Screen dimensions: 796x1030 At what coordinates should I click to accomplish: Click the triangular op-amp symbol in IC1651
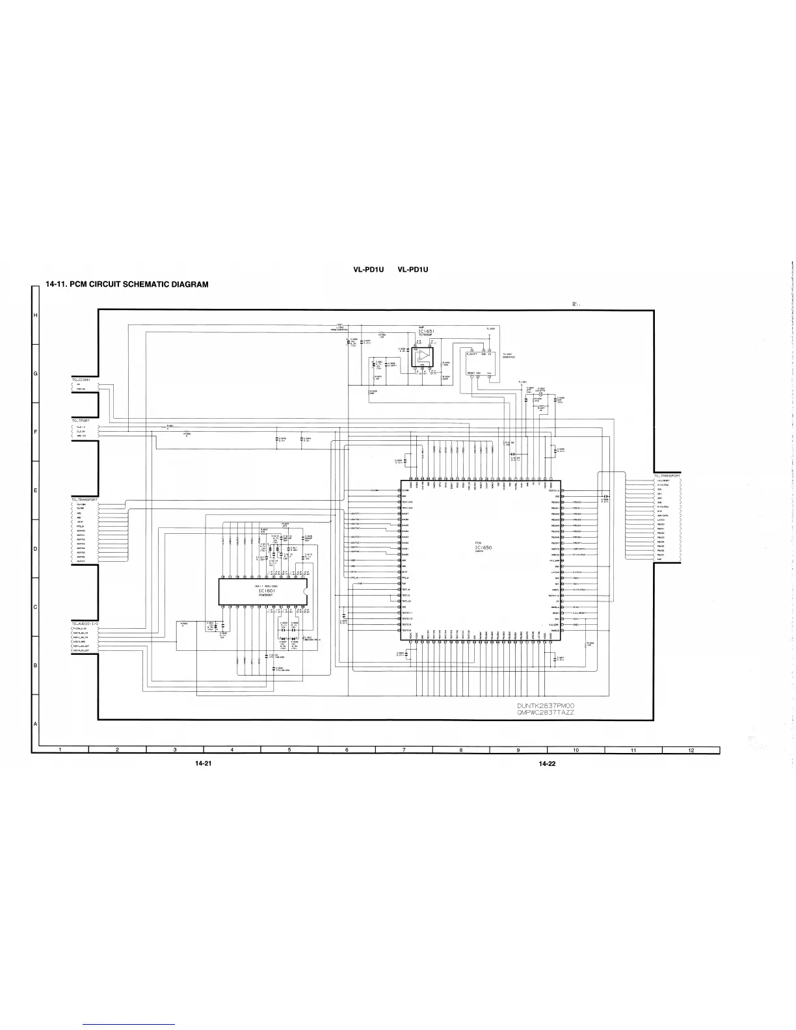(x=424, y=355)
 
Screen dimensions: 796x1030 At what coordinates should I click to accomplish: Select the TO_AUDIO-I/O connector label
(x=85, y=623)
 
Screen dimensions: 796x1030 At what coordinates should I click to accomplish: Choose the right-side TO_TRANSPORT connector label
(x=667, y=476)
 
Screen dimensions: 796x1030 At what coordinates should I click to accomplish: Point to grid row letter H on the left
(x=35, y=316)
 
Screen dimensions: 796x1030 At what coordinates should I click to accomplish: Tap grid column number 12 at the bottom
(x=691, y=750)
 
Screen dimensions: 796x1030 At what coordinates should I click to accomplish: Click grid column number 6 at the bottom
(x=347, y=750)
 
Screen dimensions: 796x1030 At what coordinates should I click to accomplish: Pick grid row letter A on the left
(x=35, y=724)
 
